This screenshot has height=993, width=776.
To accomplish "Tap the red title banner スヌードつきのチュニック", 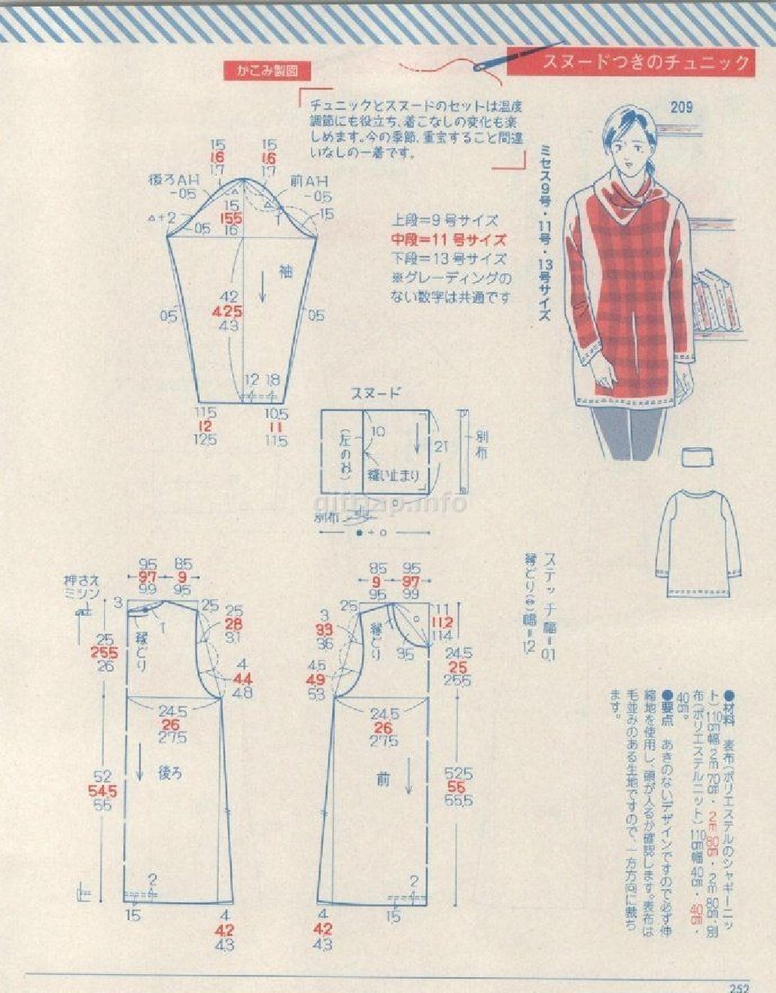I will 646,62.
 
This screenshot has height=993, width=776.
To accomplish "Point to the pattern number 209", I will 681,108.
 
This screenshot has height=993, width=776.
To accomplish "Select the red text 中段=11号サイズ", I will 448,240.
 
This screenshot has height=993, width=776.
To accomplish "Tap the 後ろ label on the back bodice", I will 170,772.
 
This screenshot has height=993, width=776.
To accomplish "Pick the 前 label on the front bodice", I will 382,781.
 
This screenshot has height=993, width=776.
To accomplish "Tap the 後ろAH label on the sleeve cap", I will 172,181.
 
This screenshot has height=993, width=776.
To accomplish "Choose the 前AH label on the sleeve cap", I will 309,181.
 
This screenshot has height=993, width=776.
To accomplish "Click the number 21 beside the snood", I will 442,446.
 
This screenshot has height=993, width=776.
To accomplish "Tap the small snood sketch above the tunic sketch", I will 698,457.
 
